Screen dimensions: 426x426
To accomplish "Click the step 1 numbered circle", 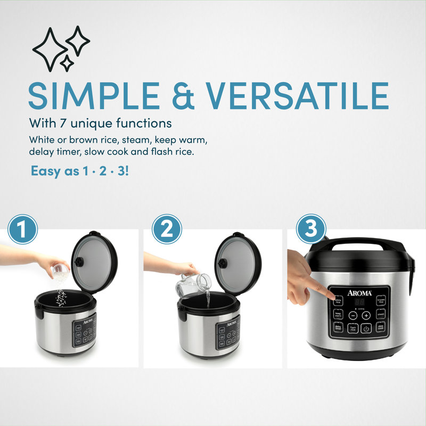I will pos(22,230).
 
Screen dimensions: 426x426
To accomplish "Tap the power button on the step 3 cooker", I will pos(366,329).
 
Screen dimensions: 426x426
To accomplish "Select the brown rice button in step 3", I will pos(381,301).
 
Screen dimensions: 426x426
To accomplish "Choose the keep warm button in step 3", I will pos(339,315).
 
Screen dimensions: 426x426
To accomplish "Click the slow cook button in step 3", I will pos(380,328).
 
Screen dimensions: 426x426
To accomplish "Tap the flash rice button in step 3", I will pos(353,329).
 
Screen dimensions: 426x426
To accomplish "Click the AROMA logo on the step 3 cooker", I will pos(359,291).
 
